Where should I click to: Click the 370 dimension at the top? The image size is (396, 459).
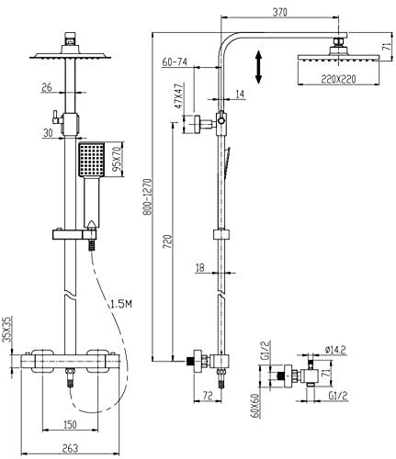click(279, 12)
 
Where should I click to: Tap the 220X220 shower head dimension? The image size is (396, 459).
click(338, 79)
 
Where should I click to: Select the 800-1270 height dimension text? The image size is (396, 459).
click(147, 196)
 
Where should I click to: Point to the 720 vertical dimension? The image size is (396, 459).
click(169, 241)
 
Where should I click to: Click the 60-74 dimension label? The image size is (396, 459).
click(175, 62)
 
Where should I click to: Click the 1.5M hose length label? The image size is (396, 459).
click(120, 304)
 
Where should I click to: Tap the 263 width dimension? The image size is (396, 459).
click(70, 448)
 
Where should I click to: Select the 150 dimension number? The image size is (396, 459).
click(70, 424)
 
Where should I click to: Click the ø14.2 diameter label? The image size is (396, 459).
click(335, 350)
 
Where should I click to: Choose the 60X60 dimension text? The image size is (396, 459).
click(255, 406)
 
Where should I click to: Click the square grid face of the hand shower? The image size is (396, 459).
click(92, 159)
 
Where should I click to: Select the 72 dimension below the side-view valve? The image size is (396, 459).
click(208, 396)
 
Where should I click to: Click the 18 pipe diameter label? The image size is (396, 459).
click(199, 268)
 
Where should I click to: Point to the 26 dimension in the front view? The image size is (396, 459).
click(47, 88)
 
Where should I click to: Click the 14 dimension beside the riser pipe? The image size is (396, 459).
click(241, 95)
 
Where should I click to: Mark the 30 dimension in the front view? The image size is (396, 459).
click(48, 132)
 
